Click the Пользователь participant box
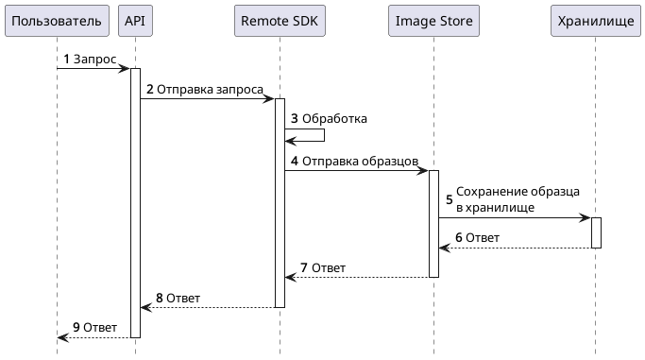click(57, 21)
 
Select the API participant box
click(135, 21)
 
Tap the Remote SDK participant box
click(279, 21)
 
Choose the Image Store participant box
click(433, 21)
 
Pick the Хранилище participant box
click(596, 21)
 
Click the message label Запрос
click(94, 60)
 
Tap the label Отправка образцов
click(360, 162)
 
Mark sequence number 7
click(304, 268)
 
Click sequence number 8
click(160, 298)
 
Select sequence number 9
click(77, 328)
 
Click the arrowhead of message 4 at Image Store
click(423, 171)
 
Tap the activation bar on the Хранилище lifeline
click(596, 232)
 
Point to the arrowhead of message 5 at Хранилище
click(586, 217)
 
